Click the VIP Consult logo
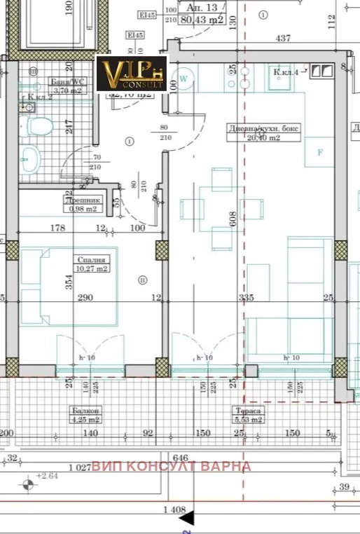tap(132, 74)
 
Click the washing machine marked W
tap(184, 80)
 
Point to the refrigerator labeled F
tap(320, 153)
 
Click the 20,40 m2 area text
tap(264, 137)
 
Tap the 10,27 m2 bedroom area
tap(91, 268)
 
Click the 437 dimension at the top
tap(283, 39)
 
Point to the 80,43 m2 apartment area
tap(203, 20)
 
